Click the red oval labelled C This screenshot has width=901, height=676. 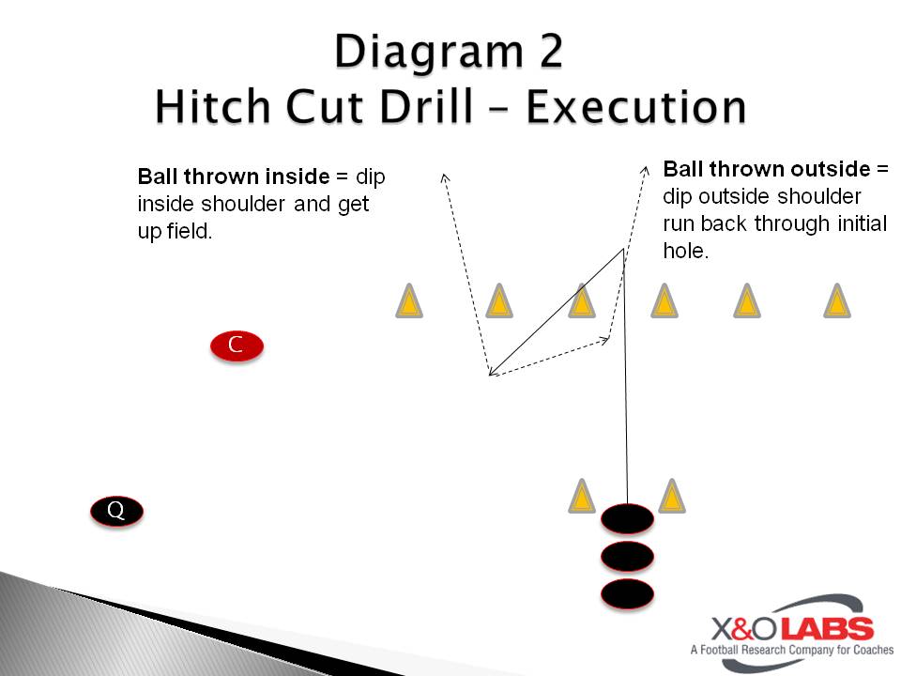237,346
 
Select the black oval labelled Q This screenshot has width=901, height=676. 116,511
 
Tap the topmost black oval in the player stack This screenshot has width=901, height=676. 627,519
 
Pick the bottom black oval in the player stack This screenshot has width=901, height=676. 627,593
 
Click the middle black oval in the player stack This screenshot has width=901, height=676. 627,557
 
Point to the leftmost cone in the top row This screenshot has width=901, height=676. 409,300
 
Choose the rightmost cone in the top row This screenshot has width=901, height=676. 837,300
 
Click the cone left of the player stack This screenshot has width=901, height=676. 582,496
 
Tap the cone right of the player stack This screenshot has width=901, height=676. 672,496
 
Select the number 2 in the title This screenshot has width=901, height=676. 551,51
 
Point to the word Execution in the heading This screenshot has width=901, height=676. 636,107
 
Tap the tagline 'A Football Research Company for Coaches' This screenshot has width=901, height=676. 792,650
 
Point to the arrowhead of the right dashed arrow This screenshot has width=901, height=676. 646,170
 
